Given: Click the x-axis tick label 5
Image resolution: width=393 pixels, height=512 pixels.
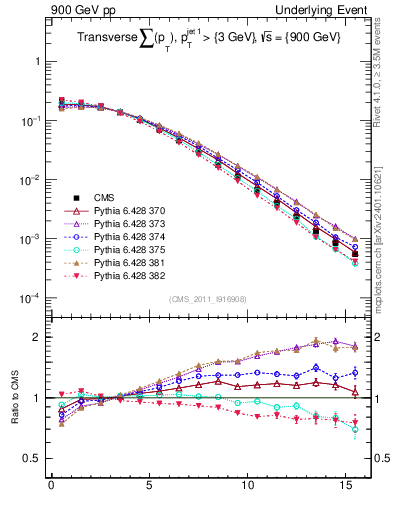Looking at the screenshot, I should pyautogui.click(x=149, y=490).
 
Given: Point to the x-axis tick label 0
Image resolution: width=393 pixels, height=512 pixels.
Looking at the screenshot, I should pyautogui.click(x=51, y=490).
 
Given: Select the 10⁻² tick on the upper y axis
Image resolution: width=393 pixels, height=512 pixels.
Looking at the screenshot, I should pyautogui.click(x=31, y=180).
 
